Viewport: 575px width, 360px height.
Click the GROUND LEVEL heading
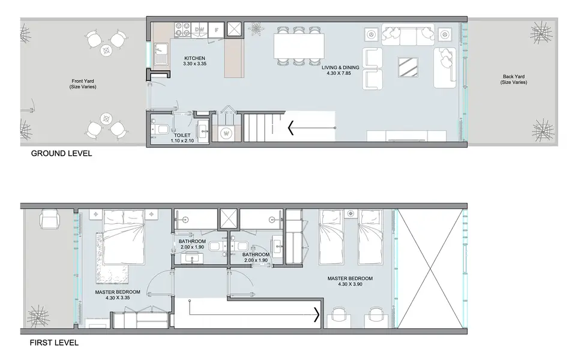point(61,154)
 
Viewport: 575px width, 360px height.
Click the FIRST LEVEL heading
point(54,343)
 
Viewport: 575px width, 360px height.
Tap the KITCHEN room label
point(194,58)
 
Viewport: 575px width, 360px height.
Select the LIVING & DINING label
point(340,68)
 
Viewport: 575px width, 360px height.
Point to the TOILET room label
point(182,135)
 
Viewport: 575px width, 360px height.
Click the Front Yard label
point(83,81)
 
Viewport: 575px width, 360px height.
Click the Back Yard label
point(513,77)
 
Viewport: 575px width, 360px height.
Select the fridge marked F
point(216,29)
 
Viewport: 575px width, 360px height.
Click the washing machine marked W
point(226,133)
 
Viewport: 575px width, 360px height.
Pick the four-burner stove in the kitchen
point(182,29)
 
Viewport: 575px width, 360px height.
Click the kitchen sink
point(161,54)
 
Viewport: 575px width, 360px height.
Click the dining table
point(299,46)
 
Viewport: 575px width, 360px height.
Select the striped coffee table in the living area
point(408,67)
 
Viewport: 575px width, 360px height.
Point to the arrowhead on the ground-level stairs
point(291,128)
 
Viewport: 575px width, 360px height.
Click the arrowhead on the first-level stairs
point(316,314)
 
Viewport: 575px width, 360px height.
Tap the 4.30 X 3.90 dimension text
point(350,284)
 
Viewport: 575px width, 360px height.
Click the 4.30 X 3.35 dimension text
point(118,298)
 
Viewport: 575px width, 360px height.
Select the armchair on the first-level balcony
point(49,219)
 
